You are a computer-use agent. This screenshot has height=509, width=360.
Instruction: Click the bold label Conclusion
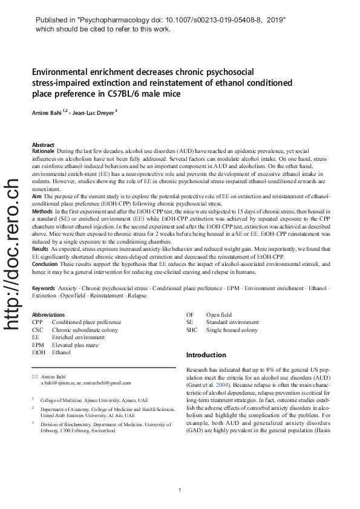click(45, 263)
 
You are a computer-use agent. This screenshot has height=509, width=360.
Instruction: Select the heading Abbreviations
click(48, 315)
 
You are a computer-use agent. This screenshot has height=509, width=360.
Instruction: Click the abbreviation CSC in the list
click(38, 329)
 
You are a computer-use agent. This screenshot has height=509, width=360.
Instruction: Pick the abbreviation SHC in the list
click(192, 329)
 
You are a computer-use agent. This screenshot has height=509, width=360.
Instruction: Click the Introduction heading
click(206, 355)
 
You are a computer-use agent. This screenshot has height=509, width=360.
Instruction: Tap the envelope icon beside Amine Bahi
click(34, 377)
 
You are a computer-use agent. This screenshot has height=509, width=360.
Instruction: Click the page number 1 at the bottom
click(180, 488)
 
